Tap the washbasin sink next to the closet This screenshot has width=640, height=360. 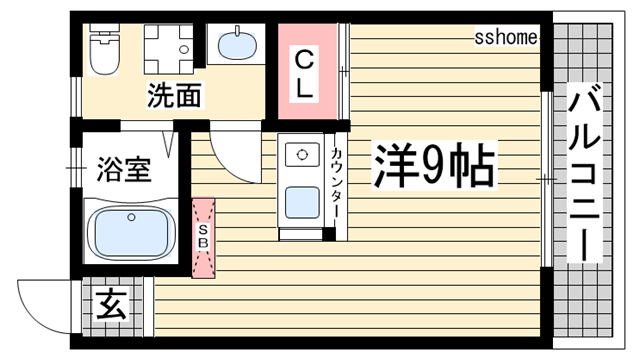tap(236, 46)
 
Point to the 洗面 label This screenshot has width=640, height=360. tap(175, 97)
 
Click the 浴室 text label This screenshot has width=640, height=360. tap(124, 170)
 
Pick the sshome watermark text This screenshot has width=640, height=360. tap(506, 37)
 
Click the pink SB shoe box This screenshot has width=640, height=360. tap(203, 237)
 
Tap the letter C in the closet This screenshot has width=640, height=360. tap(305, 59)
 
